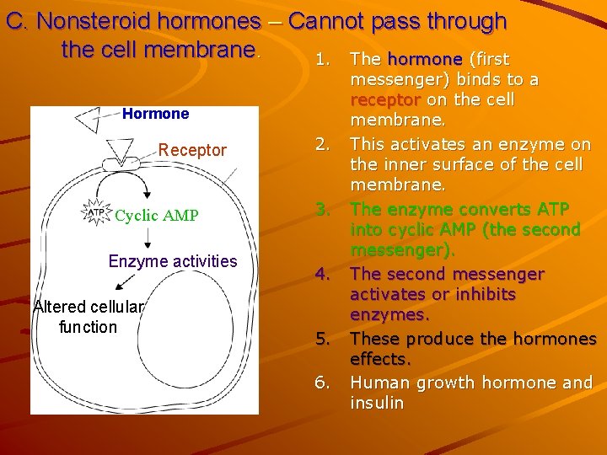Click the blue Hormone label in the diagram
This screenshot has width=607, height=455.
pos(156,113)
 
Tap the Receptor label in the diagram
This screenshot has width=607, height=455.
pos(192,150)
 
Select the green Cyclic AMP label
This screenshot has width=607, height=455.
pos(157,216)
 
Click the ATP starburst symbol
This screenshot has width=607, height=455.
pos(98,214)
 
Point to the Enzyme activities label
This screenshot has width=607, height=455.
pos(173,261)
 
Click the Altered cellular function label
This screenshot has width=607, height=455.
pos(89,316)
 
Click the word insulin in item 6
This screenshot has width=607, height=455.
pos(377,403)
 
